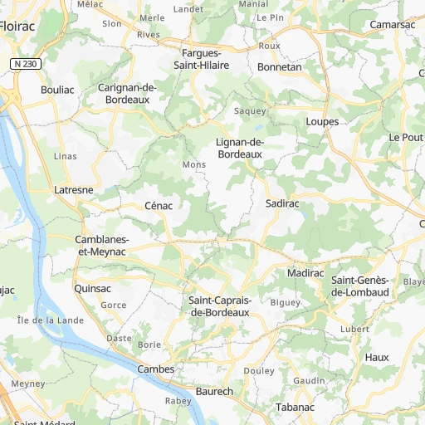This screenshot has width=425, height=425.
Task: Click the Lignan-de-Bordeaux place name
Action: [240, 149]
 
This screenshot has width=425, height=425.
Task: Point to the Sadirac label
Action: [282, 203]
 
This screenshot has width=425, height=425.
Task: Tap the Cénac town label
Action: [158, 205]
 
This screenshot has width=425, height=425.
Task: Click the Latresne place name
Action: [74, 189]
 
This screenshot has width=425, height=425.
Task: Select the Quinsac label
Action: [92, 288]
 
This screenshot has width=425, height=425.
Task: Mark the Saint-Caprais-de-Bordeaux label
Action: [220, 306]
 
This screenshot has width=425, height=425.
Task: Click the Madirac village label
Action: [305, 273]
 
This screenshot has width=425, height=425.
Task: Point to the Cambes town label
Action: [156, 369]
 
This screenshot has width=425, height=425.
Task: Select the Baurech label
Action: [214, 391]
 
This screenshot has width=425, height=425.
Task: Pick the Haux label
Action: [376, 357]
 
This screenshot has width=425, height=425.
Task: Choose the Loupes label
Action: [322, 121]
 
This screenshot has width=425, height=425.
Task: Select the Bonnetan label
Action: [280, 66]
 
